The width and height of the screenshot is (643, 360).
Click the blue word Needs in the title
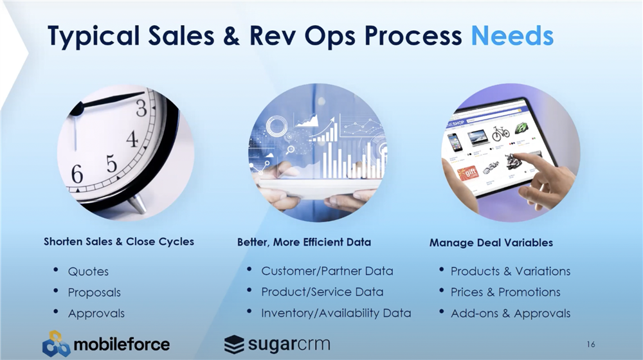(512, 35)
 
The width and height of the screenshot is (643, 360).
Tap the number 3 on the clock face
(141, 108)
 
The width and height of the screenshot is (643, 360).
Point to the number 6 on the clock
(77, 174)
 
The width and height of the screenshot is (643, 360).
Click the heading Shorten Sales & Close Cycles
(119, 242)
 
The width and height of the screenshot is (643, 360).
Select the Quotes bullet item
(88, 271)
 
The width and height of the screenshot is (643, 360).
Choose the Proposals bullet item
(95, 292)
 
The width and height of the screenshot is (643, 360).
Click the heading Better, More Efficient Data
(304, 242)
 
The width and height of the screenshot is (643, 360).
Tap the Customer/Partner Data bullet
(327, 271)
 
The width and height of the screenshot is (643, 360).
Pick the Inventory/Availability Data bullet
(336, 313)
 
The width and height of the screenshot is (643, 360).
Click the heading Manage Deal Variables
(491, 243)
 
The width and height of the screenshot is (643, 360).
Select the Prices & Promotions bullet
(505, 292)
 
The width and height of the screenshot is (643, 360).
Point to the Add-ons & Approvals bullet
(511, 313)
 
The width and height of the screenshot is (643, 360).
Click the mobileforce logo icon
(56, 343)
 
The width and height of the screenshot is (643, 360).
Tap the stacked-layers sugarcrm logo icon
(234, 345)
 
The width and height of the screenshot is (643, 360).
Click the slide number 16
(590, 345)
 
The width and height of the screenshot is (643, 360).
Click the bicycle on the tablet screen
(500, 133)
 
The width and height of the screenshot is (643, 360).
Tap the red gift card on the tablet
(468, 173)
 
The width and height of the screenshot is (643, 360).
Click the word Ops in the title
(331, 36)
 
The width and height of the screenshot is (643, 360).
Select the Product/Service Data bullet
(322, 292)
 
